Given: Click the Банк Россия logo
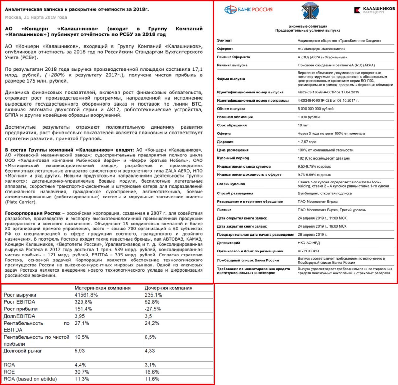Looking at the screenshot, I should pyautogui.click(x=248, y=10).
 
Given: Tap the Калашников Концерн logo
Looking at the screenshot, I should pyautogui.click(x=374, y=10).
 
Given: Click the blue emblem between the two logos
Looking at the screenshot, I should pyautogui.click(x=310, y=11).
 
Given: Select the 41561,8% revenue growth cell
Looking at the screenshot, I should pyautogui.click(x=86, y=295).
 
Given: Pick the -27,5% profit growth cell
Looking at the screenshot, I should pyautogui.click(x=153, y=309).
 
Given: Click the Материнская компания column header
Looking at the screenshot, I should pyautogui.click(x=102, y=288).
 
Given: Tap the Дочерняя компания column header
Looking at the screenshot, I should pyautogui.click(x=168, y=288).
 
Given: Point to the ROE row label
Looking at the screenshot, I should pyautogui.click(x=9, y=372).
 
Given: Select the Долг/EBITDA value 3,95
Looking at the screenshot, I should pyautogui.click(x=80, y=316).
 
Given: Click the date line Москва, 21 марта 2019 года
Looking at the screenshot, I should pyautogui.click(x=36, y=17).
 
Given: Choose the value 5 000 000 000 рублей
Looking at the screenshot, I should pyautogui.click(x=316, y=109).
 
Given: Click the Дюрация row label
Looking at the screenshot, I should pyautogui.click(x=225, y=142).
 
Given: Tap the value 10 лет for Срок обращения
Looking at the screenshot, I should pyautogui.click(x=303, y=125).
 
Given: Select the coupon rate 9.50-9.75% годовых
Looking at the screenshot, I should pyautogui.click(x=314, y=166).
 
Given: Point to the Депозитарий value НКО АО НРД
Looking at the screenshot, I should pyautogui.click(x=309, y=243).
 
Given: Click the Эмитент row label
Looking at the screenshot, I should pyautogui.click(x=224, y=40).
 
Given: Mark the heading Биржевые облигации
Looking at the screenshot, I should pyautogui.click(x=308, y=26).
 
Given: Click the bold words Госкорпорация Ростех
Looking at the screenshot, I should pyautogui.click(x=33, y=213).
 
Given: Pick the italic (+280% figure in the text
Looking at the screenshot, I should pyautogui.click(x=55, y=75).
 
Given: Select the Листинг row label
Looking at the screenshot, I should pyautogui.click(x=224, y=210).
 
